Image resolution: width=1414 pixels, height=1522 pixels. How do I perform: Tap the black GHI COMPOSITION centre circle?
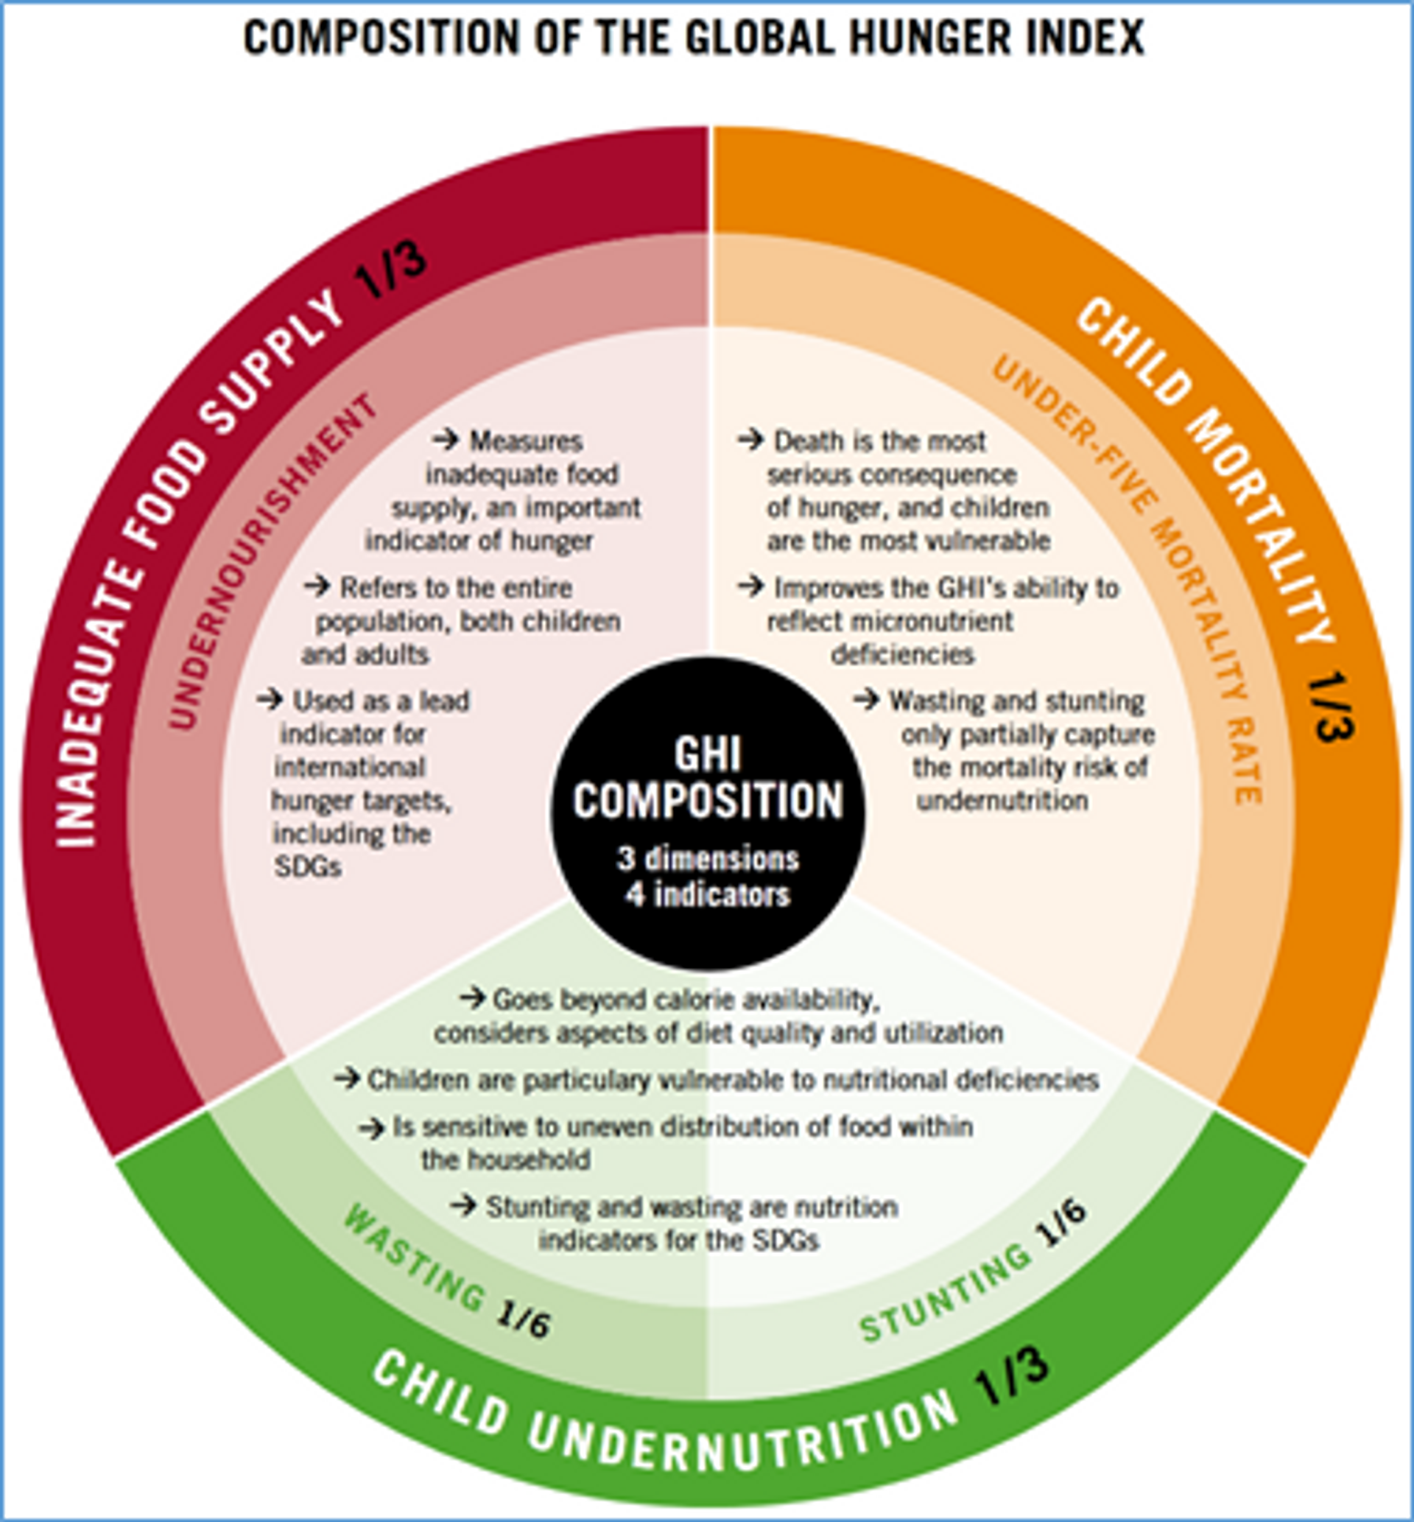coord(708,813)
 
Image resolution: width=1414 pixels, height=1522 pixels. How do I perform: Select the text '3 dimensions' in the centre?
coord(708,858)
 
